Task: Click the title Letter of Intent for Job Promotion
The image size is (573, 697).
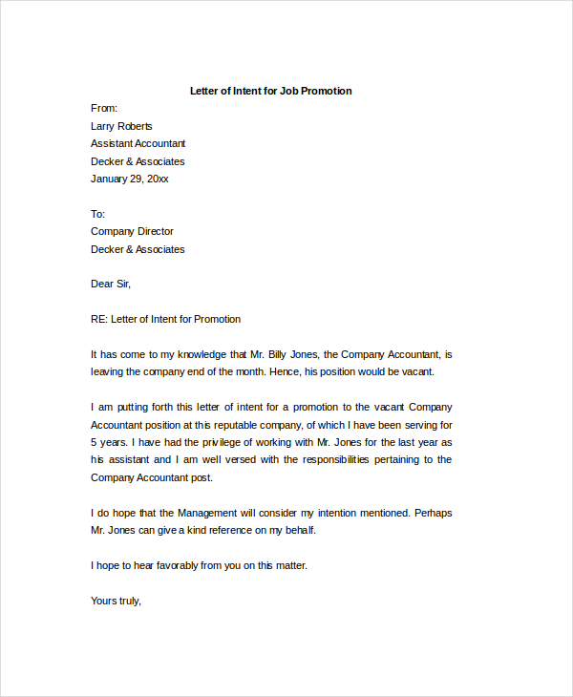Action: point(271,91)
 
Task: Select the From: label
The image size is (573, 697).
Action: point(104,109)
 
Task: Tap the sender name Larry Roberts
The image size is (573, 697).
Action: point(121,126)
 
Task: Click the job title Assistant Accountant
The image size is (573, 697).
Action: point(138,143)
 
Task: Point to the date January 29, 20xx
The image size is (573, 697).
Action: point(130,179)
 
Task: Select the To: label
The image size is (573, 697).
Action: point(97,214)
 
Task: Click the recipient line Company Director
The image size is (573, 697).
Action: point(132,231)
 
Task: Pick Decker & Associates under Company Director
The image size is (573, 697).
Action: point(138,249)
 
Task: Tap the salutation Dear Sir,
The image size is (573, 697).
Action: point(111,284)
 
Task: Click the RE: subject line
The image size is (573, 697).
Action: point(165,319)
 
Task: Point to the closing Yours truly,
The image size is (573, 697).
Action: point(116,601)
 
